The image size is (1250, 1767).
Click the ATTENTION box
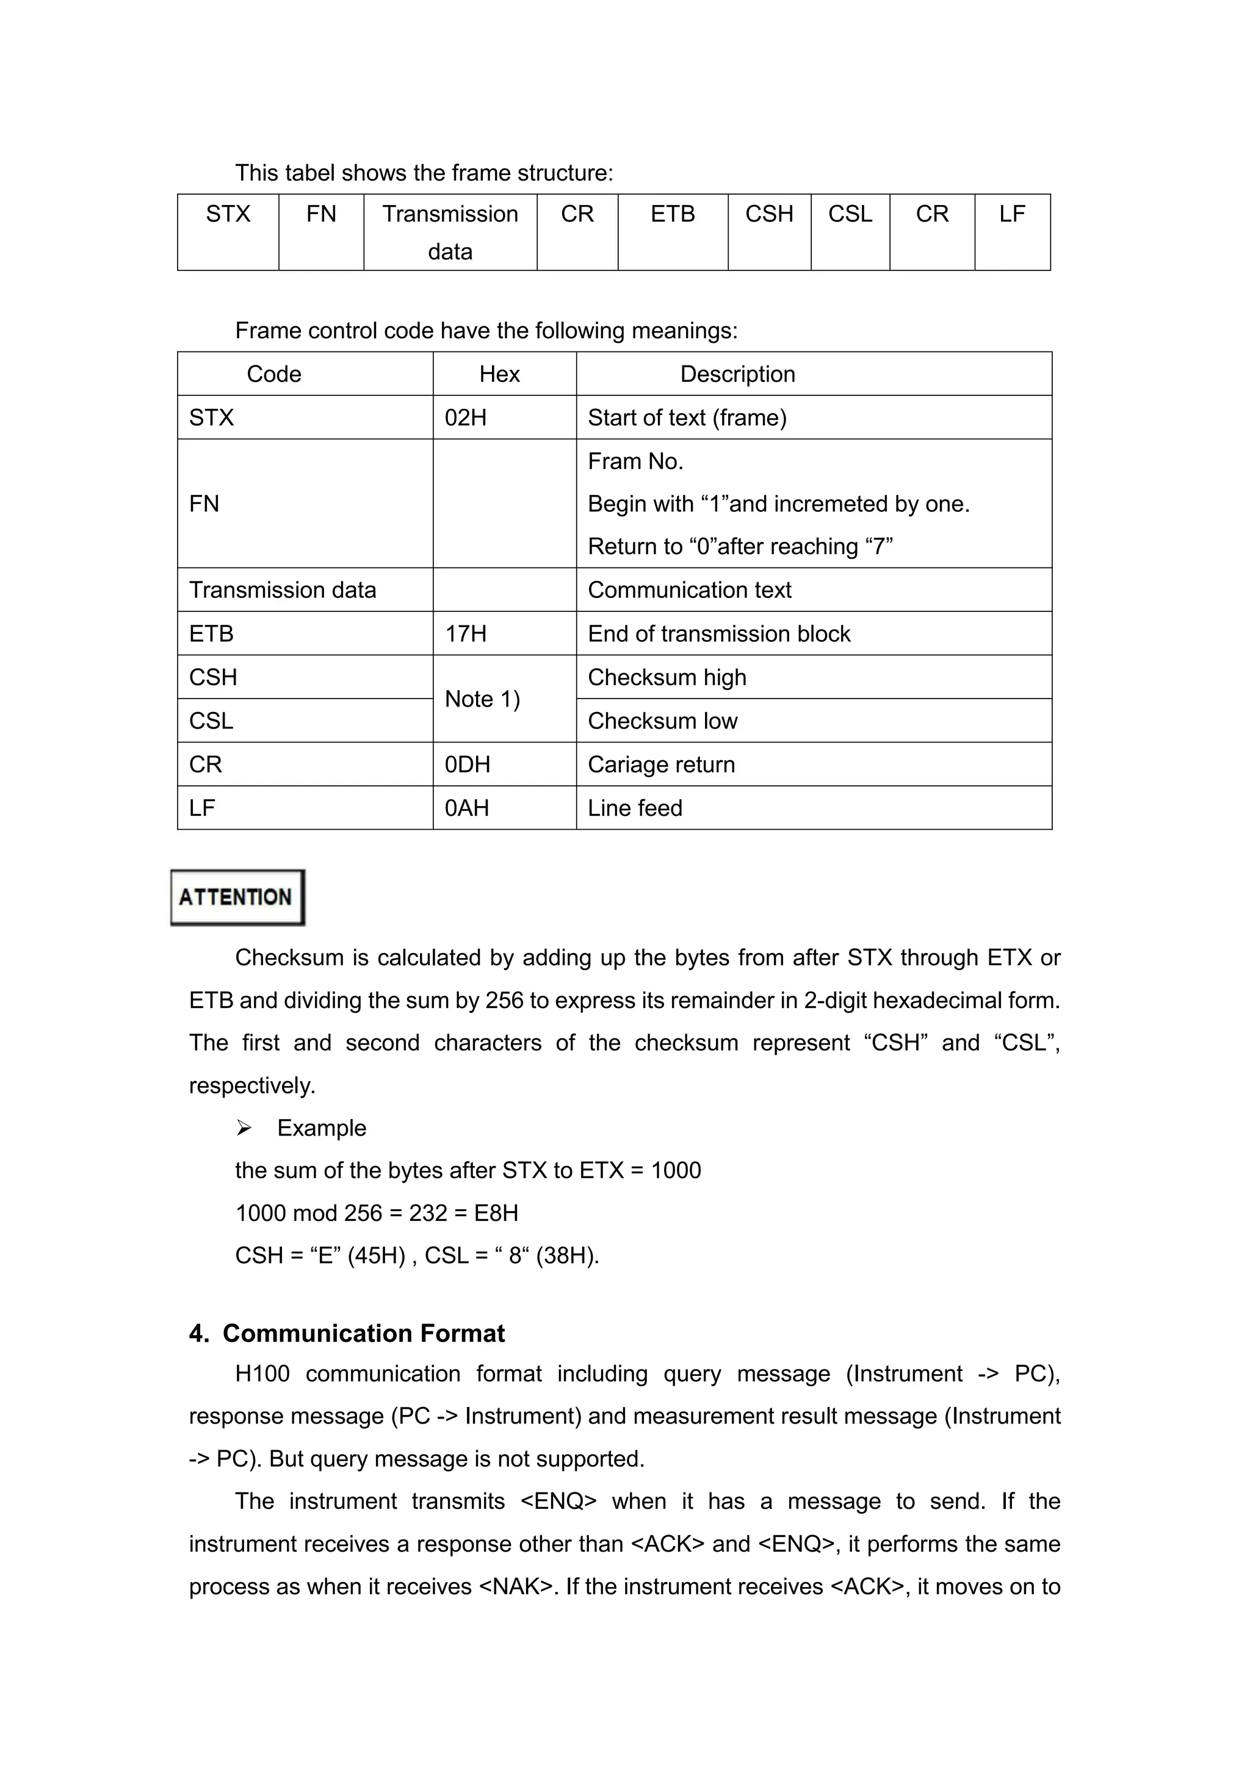click(237, 898)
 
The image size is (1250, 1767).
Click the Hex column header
click(499, 374)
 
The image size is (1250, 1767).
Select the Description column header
click(737, 374)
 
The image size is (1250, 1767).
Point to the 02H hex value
click(466, 418)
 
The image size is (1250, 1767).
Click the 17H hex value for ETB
click(466, 634)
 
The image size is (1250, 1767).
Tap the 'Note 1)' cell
click(483, 699)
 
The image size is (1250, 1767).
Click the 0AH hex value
click(466, 808)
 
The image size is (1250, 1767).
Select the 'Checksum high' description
click(667, 677)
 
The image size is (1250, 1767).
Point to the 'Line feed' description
click(635, 808)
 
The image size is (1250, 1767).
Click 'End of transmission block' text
click(719, 634)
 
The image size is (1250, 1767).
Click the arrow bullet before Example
click(244, 1128)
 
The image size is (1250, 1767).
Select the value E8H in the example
click(496, 1214)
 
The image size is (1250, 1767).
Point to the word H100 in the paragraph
click(262, 1373)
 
